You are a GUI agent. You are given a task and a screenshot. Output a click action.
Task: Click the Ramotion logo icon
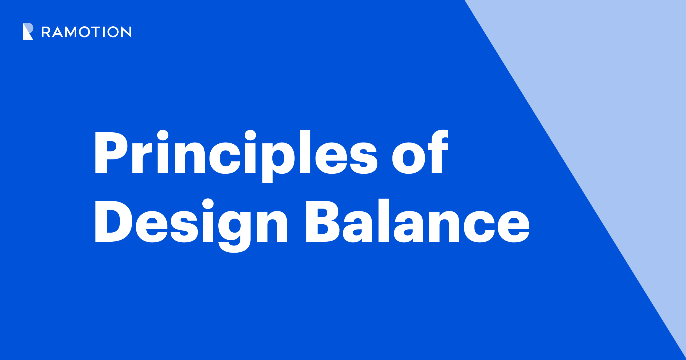pos(28,31)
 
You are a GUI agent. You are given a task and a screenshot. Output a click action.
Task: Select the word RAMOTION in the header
pos(86,32)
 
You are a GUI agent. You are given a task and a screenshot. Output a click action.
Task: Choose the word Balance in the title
pos(418,221)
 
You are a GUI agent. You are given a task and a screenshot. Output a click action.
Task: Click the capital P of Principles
pos(111,153)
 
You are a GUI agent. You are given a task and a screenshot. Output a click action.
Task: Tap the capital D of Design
pos(113,221)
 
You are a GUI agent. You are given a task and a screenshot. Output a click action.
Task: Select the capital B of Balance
pos(322,221)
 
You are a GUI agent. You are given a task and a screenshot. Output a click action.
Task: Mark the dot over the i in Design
pos(208,204)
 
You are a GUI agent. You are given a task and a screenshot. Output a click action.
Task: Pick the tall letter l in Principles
pos(305,152)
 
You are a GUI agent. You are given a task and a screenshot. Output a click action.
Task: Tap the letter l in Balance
pos(384,220)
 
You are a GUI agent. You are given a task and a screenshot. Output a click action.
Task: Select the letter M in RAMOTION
pos(71,32)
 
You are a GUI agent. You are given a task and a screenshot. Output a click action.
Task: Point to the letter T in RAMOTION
pos(96,32)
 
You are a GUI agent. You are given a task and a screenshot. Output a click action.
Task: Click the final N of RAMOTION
pos(126,32)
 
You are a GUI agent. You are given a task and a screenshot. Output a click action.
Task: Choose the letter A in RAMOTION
pos(57,32)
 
